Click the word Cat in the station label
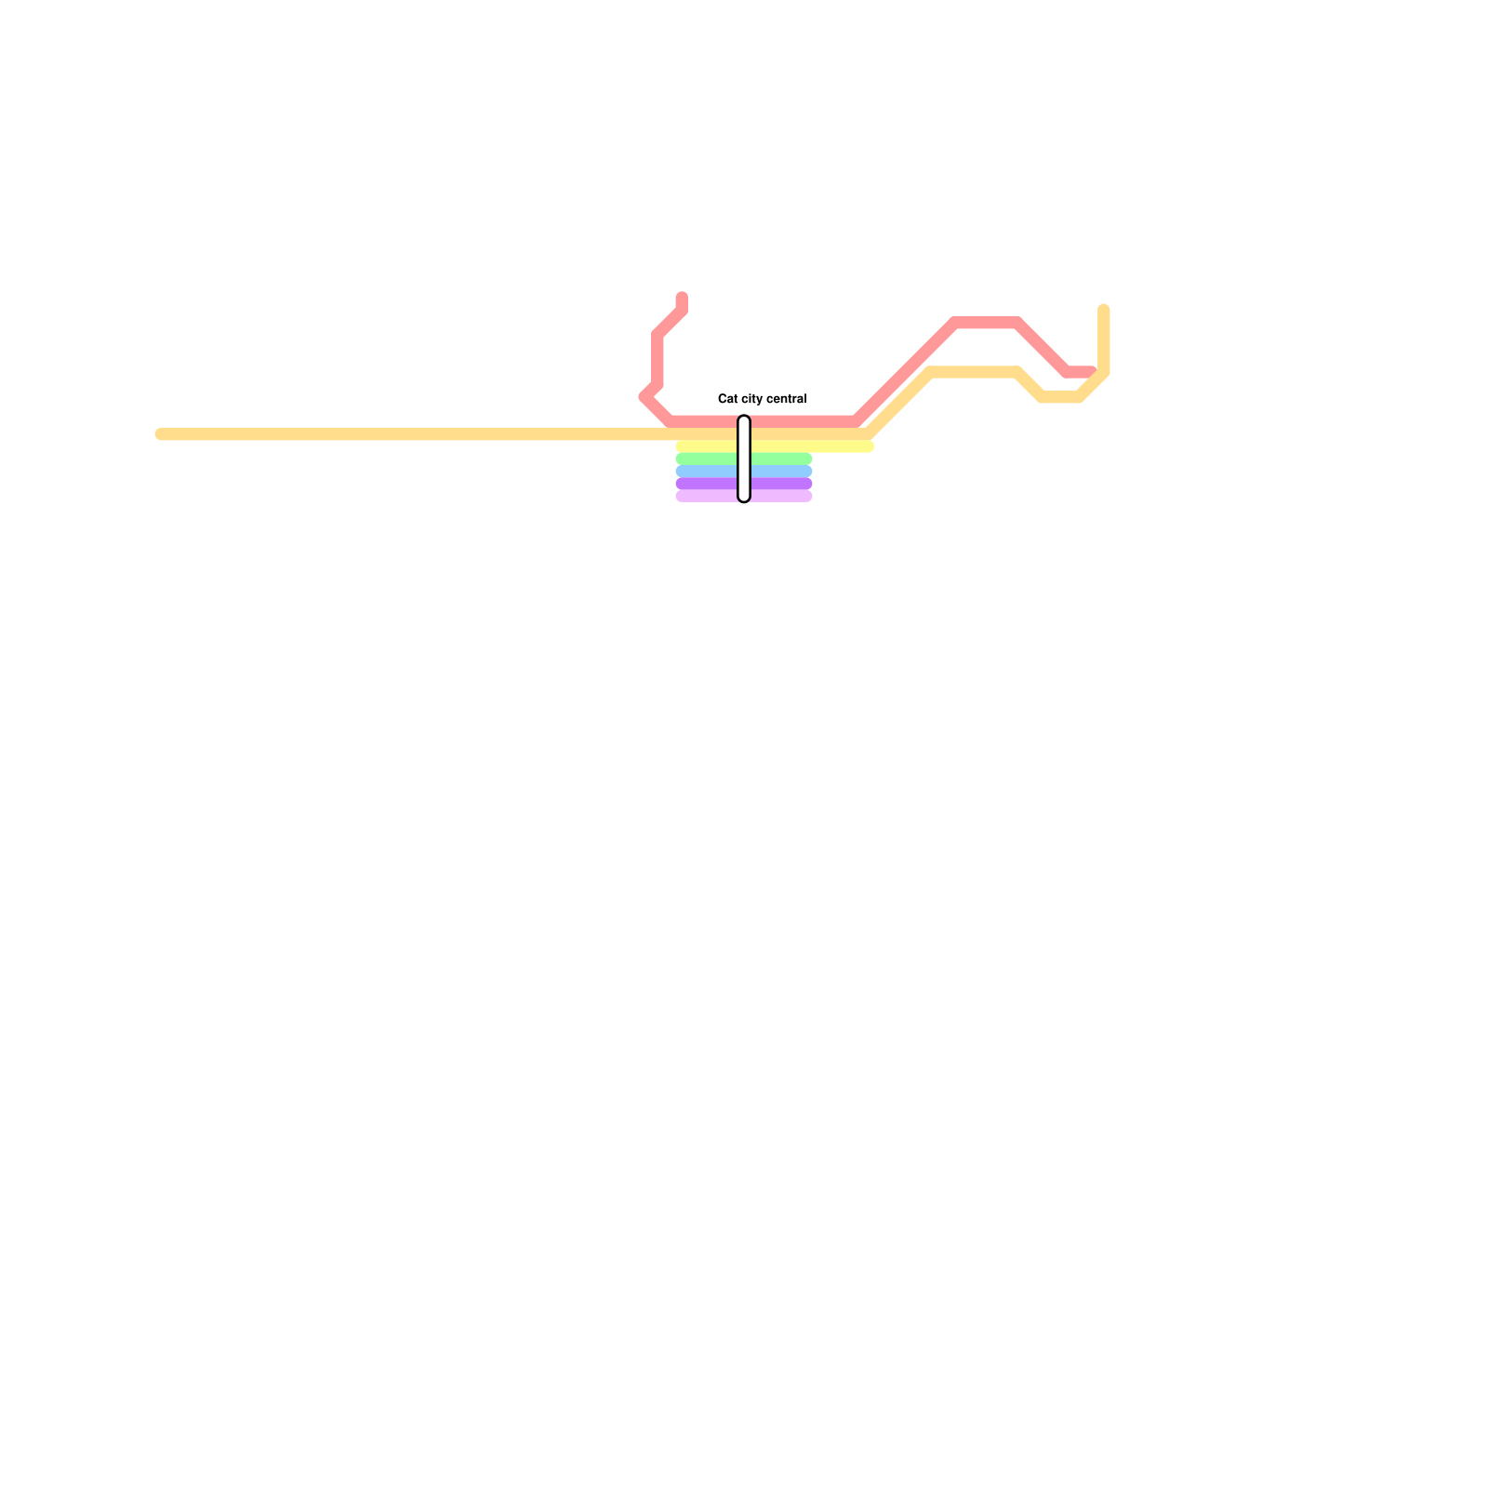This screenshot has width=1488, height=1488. pyautogui.click(x=727, y=399)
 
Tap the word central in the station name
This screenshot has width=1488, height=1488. pyautogui.click(x=785, y=399)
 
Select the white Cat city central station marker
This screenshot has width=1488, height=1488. pyautogui.click(x=744, y=459)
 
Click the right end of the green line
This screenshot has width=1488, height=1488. pyautogui.click(x=807, y=459)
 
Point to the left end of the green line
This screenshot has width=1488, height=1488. pyautogui.click(x=681, y=459)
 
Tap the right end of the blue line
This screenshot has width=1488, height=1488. pyautogui.click(x=807, y=472)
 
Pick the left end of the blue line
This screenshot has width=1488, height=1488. pyautogui.click(x=681, y=472)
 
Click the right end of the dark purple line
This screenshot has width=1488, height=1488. pyautogui.click(x=807, y=484)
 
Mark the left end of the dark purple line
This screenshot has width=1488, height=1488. pyautogui.click(x=681, y=484)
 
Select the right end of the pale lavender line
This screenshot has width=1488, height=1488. pyautogui.click(x=807, y=497)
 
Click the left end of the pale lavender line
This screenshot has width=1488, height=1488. pyautogui.click(x=681, y=497)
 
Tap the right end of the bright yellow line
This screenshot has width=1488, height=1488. pyautogui.click(x=869, y=447)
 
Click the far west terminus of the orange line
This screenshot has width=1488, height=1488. pyautogui.click(x=161, y=434)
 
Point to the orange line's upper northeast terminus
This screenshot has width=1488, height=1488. pyautogui.click(x=1104, y=310)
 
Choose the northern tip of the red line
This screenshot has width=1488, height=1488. pyautogui.click(x=682, y=298)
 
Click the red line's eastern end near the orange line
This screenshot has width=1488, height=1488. pyautogui.click(x=1091, y=372)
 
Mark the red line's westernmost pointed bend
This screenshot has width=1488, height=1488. pyautogui.click(x=644, y=397)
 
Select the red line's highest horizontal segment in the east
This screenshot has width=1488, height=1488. pyautogui.click(x=987, y=323)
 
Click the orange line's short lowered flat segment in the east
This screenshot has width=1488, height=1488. pyautogui.click(x=1060, y=397)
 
